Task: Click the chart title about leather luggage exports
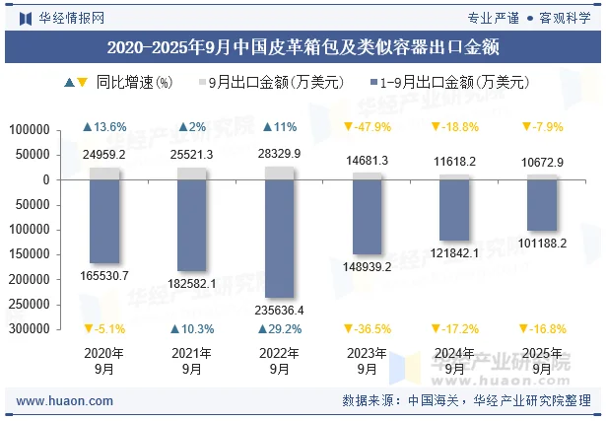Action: click(x=303, y=46)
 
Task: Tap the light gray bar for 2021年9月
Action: click(x=192, y=173)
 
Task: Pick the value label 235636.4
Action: click(x=280, y=311)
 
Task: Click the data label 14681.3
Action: click(x=368, y=161)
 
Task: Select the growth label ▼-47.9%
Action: click(x=368, y=127)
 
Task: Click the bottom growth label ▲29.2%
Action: click(x=280, y=329)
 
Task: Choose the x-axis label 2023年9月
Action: click(x=368, y=361)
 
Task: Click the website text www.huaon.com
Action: click(x=65, y=401)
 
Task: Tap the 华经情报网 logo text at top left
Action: click(x=67, y=17)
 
